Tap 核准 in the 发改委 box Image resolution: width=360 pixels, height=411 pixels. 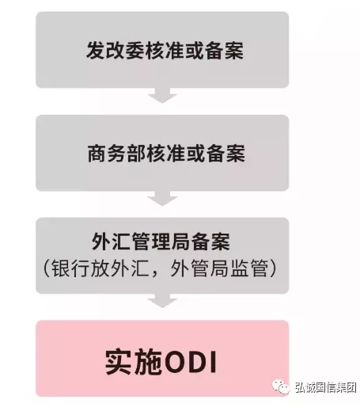coord(165,51)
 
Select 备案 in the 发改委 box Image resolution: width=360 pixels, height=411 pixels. coord(224,51)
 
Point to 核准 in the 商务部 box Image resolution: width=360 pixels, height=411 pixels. coord(166,154)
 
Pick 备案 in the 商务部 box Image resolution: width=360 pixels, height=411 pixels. coord(225,154)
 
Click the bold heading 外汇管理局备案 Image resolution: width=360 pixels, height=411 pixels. coord(161,242)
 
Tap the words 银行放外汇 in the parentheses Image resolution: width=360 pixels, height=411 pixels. coord(100,268)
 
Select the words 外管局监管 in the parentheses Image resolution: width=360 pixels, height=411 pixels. coord(219,268)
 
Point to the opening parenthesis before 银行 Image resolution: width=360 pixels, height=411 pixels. coord(47,268)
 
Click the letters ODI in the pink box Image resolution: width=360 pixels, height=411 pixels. coord(190,362)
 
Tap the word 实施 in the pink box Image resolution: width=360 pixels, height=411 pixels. coord(134,362)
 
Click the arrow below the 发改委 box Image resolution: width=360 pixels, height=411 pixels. coord(162,96)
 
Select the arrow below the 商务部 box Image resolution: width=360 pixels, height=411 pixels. coord(162,198)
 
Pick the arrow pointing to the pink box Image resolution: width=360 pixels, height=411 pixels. coord(162,301)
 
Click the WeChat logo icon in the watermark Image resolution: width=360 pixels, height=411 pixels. coord(281,387)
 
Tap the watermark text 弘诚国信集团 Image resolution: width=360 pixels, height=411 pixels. coord(326,388)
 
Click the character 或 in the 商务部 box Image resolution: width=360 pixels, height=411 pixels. coord(195,154)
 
